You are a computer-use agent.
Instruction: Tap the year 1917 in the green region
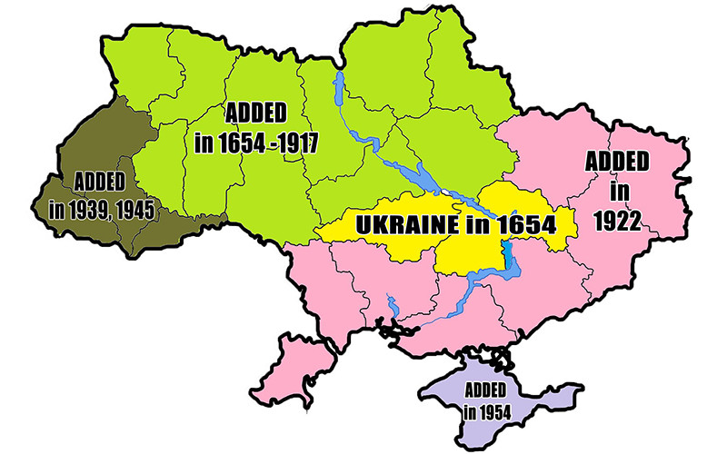coord(286,143)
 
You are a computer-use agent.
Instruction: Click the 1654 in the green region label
coord(234,143)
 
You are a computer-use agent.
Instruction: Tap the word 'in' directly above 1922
coord(619,192)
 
